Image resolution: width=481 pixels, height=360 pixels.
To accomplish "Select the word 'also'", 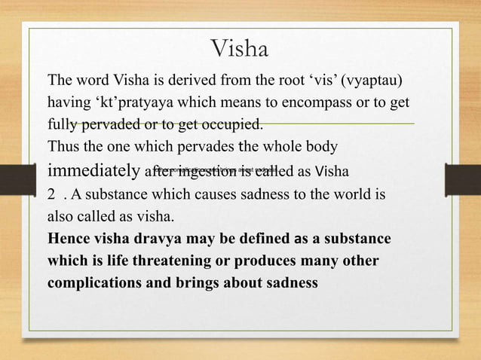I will tap(60, 218).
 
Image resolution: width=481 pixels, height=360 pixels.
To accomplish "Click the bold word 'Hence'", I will tap(68, 239).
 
